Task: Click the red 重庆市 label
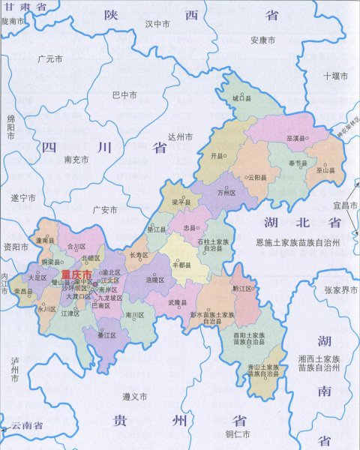click(76, 274)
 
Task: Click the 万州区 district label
click(226, 192)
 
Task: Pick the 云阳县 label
click(257, 178)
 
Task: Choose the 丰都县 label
click(182, 264)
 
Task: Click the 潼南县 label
click(46, 240)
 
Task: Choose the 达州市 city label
click(181, 136)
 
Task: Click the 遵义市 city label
click(135, 395)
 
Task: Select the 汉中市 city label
click(157, 24)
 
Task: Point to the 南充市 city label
click(77, 159)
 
